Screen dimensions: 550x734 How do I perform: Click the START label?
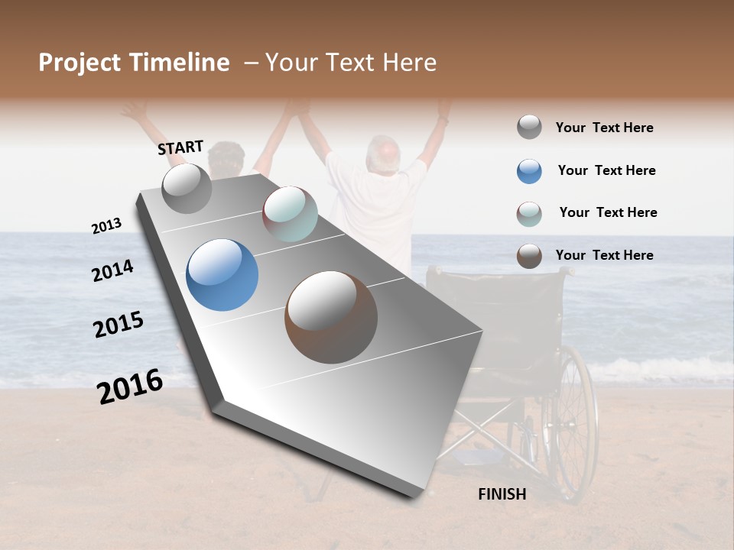(180, 147)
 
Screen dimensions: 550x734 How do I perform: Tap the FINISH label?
(502, 494)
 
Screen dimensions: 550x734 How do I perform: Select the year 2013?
(106, 225)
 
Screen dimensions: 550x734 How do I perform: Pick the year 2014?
(112, 271)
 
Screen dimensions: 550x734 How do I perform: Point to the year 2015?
(119, 325)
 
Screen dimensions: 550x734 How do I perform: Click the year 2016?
(130, 387)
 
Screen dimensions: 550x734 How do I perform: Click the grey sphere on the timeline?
(187, 189)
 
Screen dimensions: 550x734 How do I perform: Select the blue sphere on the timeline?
(222, 275)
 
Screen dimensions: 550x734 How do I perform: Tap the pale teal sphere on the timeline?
(290, 214)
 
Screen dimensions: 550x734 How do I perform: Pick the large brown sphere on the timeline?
(331, 317)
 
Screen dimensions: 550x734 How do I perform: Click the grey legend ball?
(529, 128)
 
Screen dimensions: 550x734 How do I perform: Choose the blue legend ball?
(529, 171)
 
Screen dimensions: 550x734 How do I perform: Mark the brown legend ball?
(529, 256)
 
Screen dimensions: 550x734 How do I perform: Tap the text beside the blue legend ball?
(606, 170)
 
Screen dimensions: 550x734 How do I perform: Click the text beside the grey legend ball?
(604, 128)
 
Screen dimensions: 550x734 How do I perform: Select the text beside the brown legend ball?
(604, 255)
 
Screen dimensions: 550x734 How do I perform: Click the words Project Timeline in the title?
(134, 63)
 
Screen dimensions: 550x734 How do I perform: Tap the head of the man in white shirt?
(382, 153)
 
